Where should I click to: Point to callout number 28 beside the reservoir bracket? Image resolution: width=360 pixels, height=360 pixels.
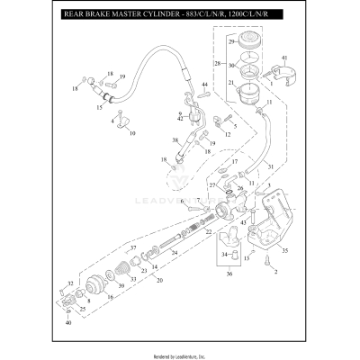pyautogui.click(x=217, y=64)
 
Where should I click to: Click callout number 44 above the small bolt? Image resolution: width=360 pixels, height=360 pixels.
pyautogui.click(x=205, y=85)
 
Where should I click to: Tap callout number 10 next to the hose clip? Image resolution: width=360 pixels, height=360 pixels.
pyautogui.click(x=132, y=132)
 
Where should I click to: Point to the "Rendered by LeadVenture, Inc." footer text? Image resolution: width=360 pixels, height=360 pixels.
pyautogui.click(x=180, y=353)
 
